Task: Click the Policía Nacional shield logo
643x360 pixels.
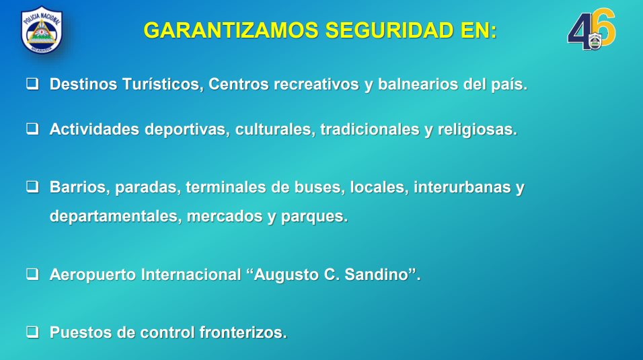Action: [42, 30]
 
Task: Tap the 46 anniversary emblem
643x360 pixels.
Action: [591, 30]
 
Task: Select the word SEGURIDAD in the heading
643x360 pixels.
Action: [389, 30]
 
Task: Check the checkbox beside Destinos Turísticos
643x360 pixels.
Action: [33, 83]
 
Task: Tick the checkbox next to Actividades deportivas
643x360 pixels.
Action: [33, 129]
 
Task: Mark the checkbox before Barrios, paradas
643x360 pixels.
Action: [33, 187]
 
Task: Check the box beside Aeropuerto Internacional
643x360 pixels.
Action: [33, 274]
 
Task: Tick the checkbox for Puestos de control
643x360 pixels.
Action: [33, 332]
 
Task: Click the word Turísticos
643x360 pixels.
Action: [163, 85]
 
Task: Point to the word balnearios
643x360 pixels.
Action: [418, 85]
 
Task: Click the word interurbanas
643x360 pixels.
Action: [462, 187]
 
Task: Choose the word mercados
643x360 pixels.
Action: [225, 216]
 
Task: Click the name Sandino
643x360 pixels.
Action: [377, 275]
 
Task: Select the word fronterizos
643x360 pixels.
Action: [243, 332]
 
